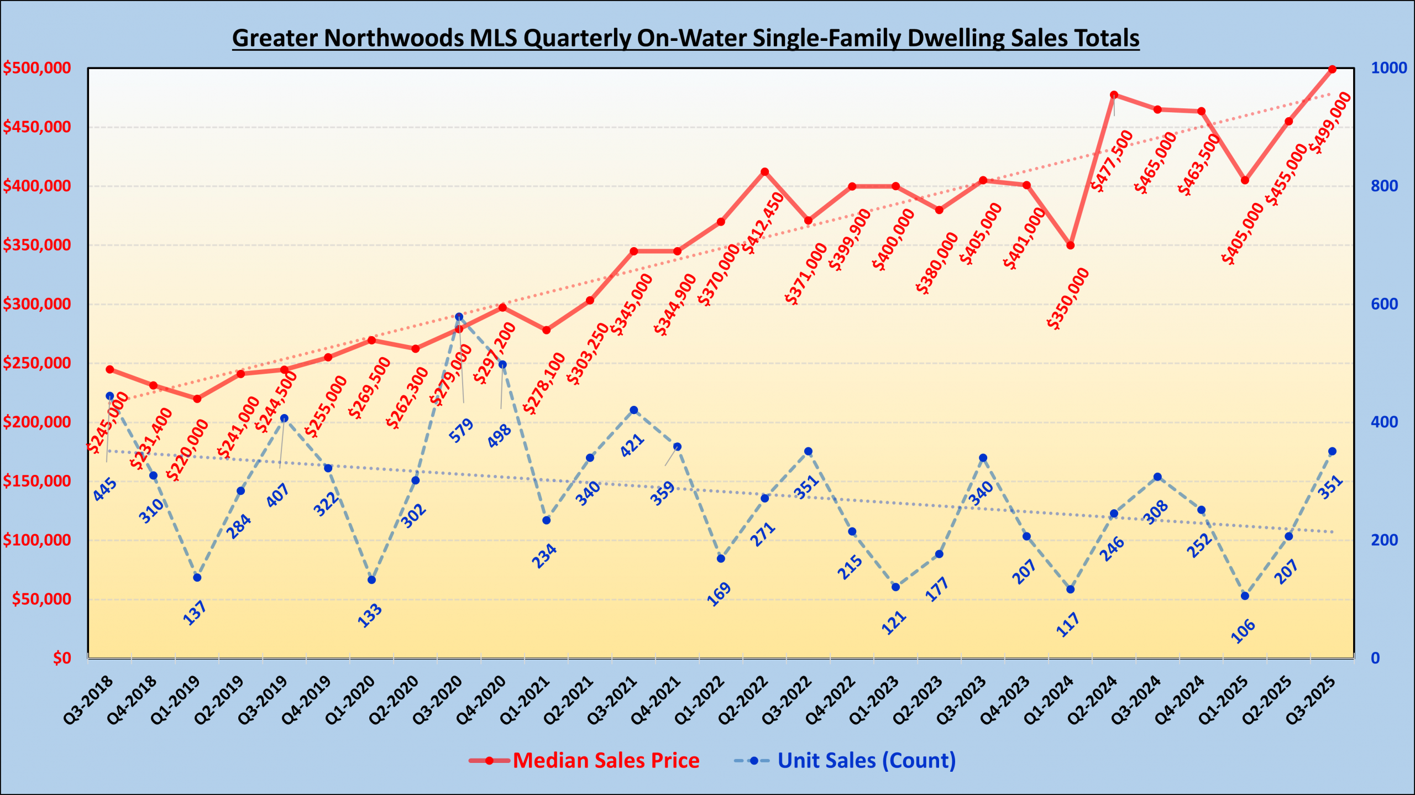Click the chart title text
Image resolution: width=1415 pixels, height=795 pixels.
[x=685, y=38]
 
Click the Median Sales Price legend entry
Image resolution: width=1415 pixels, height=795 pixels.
[x=606, y=760]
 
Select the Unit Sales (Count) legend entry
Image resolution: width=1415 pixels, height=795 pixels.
[x=866, y=760]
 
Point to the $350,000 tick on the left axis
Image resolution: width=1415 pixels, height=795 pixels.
[x=37, y=245]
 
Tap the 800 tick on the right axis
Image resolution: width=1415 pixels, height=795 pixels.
[x=1384, y=186]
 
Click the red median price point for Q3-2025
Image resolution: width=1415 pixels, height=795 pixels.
[x=1332, y=69]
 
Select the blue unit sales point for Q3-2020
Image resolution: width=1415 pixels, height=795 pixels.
[x=459, y=317]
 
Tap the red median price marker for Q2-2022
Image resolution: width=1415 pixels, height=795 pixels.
[x=765, y=171]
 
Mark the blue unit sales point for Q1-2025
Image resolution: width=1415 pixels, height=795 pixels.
[x=1245, y=596]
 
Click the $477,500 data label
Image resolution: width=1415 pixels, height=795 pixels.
[x=1112, y=160]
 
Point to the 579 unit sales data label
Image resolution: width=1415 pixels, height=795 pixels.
[x=461, y=430]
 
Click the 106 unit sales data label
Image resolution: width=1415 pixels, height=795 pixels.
[x=1243, y=631]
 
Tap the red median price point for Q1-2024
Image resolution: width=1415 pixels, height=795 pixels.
[x=1071, y=245]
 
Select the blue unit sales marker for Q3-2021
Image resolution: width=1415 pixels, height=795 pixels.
[x=634, y=410]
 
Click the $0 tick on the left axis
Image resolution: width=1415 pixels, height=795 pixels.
[x=62, y=658]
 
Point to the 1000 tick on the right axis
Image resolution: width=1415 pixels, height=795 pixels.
[x=1388, y=68]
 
